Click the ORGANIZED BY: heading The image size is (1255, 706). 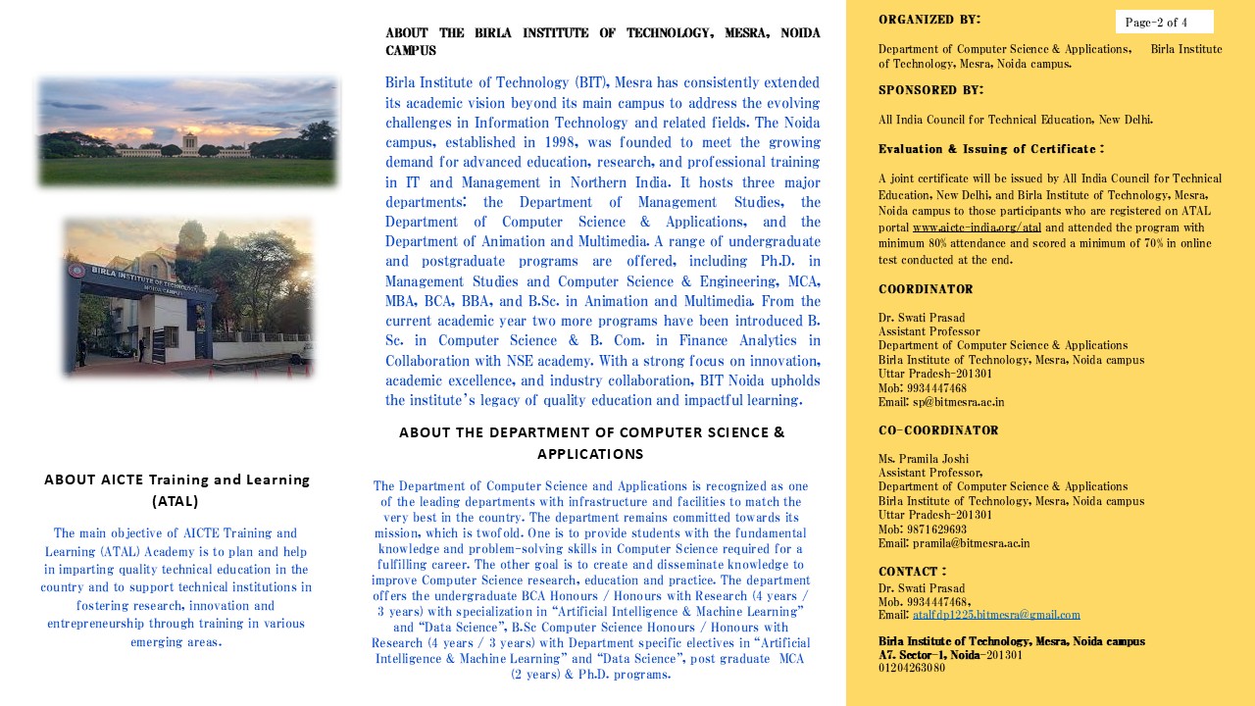coord(929,20)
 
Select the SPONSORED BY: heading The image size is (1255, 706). coord(930,90)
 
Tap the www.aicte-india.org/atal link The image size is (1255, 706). coord(977,227)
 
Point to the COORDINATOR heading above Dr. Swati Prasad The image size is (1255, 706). coord(926,289)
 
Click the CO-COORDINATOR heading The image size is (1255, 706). coord(938,430)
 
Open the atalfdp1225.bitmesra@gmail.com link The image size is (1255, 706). coord(996,615)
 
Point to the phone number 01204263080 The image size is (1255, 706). coord(912,668)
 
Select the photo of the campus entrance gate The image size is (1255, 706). coord(187,297)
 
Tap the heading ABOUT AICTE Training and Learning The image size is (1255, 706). coord(176,479)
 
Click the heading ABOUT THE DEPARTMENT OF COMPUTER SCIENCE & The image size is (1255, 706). coord(591,432)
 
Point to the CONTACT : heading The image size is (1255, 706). coord(912,572)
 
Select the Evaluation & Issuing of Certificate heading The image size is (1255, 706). coord(990,149)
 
